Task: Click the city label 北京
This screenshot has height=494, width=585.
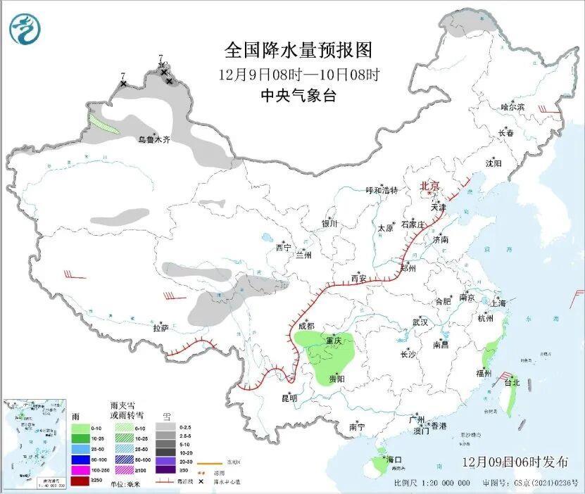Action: coord(430,186)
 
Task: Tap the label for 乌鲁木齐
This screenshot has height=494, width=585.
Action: coord(153,140)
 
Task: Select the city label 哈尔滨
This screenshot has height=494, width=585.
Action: coord(512,107)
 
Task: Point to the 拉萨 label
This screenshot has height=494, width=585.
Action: coord(161,328)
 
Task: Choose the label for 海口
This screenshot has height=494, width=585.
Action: coord(394,460)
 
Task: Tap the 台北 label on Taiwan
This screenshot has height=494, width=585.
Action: coord(512,383)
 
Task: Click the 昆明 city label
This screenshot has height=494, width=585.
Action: coord(289,398)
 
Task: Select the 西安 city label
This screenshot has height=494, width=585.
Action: coord(359,279)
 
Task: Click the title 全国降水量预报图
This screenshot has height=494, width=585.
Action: coord(298,51)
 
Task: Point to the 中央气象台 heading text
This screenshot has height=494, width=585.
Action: coord(298,96)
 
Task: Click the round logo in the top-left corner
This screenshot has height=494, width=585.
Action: coord(25,30)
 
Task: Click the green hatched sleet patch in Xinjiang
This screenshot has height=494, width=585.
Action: coord(103,125)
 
